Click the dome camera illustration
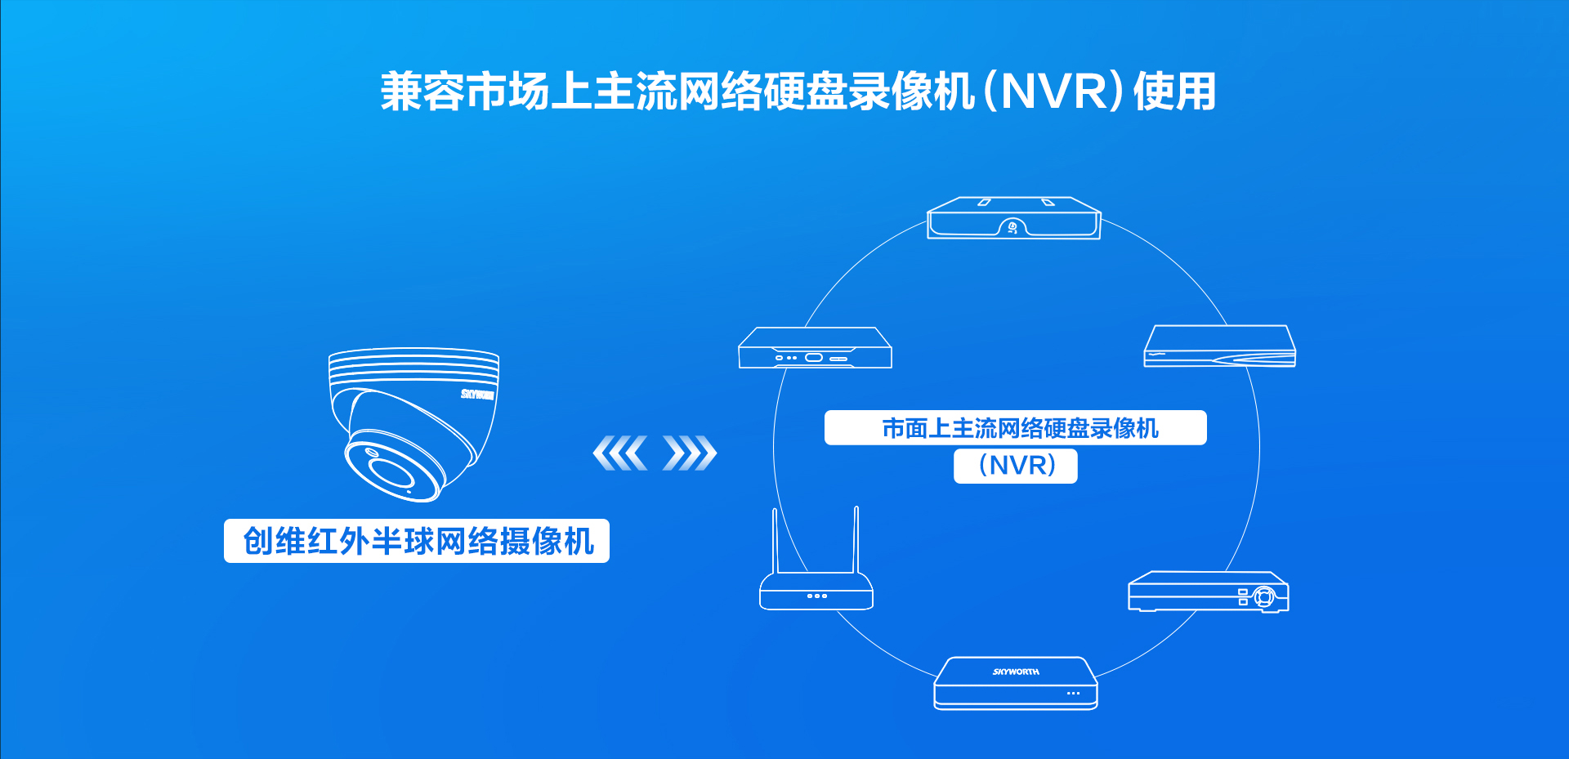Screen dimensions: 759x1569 413,421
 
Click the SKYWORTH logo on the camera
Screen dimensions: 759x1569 477,395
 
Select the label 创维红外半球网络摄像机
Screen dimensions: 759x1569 417,541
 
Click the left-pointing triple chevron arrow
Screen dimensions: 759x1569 619,453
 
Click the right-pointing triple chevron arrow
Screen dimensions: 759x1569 690,453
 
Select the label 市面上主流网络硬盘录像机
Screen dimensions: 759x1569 1016,428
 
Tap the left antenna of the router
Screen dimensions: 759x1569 775,539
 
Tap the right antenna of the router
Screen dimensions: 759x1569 856,539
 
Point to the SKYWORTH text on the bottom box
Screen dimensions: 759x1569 1016,672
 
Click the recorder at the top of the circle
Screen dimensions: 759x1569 1014,218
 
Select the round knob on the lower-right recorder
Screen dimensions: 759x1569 1264,596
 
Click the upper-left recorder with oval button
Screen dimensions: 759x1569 815,349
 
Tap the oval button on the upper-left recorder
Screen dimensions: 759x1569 814,358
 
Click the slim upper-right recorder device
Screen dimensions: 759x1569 1220,347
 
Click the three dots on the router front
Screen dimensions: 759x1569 817,596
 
